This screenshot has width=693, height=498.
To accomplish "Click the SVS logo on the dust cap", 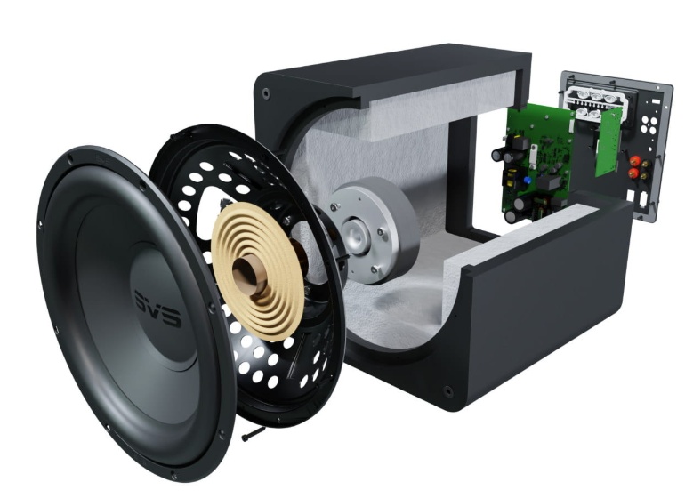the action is [x=157, y=309].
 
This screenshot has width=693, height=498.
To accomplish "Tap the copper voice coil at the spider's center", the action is [x=249, y=275].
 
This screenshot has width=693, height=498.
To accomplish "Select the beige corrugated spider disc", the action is [x=257, y=271].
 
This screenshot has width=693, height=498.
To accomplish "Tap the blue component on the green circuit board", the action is [x=528, y=181].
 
